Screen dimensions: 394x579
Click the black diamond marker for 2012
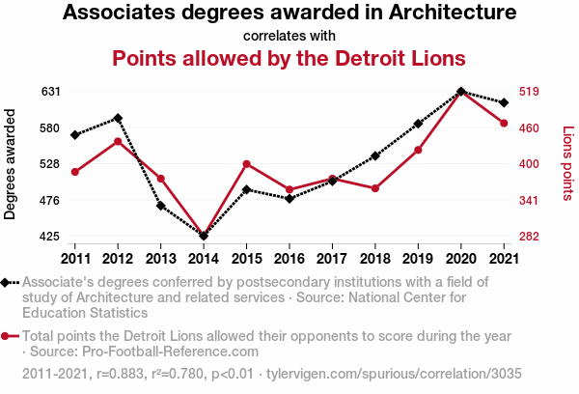tap(118, 118)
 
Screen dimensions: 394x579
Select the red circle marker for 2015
tap(246, 164)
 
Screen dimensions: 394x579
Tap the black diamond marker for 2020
tap(460, 92)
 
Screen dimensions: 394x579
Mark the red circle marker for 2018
tap(374, 188)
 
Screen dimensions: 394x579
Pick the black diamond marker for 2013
tap(160, 206)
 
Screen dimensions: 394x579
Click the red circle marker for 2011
tap(74, 172)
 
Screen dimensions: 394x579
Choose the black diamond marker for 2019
tap(418, 124)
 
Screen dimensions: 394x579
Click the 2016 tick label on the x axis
tap(289, 258)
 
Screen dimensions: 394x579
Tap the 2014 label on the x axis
tap(204, 258)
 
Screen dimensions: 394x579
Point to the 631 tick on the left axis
tap(50, 92)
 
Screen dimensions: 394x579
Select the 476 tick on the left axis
tap(50, 201)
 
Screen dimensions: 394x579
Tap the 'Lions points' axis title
tap(567, 164)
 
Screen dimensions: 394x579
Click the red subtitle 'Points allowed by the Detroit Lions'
tap(289, 58)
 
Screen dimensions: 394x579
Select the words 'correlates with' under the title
tap(289, 36)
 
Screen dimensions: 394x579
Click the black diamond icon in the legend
tap(7, 282)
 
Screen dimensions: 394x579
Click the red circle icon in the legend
tap(7, 336)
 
